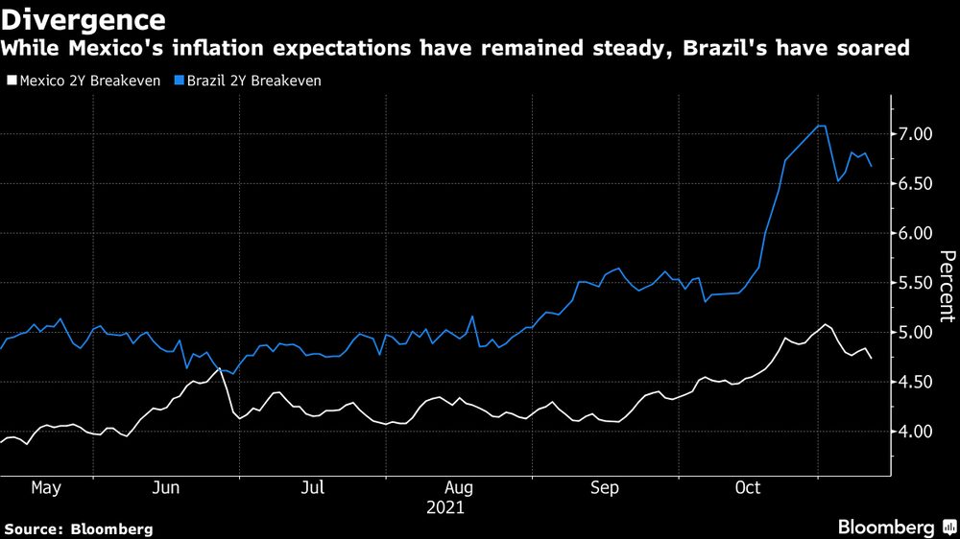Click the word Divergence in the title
(x=84, y=19)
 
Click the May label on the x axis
(x=46, y=488)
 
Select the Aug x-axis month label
(x=458, y=488)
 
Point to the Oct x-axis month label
(x=747, y=488)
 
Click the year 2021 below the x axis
(x=444, y=507)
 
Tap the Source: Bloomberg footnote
(x=79, y=528)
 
